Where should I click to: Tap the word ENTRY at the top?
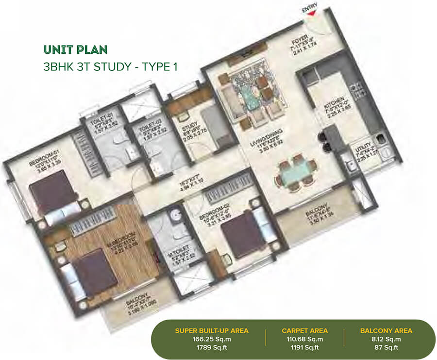pyautogui.click(x=309, y=8)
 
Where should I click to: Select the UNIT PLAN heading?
pyautogui.click(x=75, y=49)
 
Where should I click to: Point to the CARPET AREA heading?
pyautogui.click(x=304, y=331)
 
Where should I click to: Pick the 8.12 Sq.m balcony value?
pyautogui.click(x=386, y=339)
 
